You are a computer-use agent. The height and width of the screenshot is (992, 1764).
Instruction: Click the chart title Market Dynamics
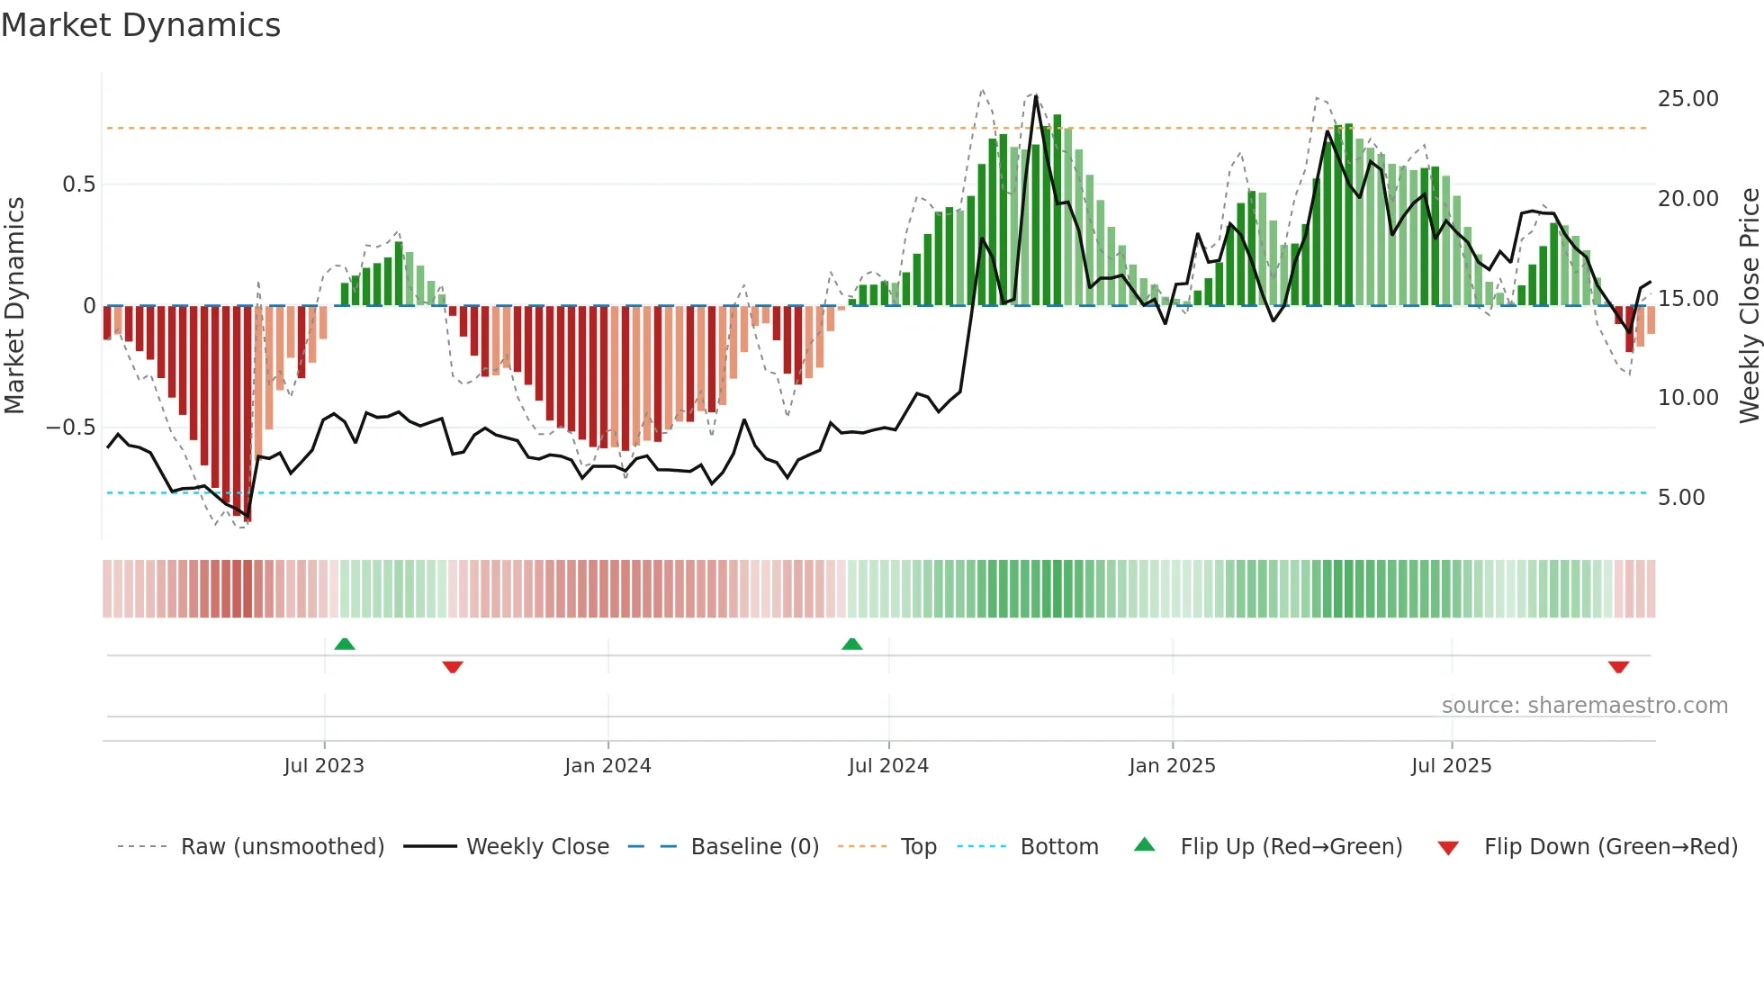point(140,25)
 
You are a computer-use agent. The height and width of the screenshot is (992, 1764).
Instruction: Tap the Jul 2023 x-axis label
point(324,766)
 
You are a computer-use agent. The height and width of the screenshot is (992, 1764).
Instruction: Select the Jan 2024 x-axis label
point(607,766)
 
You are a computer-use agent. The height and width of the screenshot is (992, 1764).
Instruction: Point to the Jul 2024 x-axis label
point(888,766)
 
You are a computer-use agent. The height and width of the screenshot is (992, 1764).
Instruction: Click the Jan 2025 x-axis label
point(1172,766)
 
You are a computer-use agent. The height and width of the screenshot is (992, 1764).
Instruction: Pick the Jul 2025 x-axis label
point(1452,766)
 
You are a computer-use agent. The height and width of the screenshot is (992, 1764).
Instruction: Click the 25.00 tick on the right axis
point(1687,99)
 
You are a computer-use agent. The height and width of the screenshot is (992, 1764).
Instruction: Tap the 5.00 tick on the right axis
point(1681,498)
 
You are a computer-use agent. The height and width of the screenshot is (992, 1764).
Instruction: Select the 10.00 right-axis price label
point(1687,398)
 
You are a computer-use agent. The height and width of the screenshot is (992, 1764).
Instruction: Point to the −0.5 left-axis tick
point(70,428)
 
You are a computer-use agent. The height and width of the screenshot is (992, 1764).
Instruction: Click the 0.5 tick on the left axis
point(78,185)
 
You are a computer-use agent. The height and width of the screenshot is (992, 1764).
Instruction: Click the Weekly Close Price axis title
point(1749,306)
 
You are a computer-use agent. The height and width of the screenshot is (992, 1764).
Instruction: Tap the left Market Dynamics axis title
point(14,306)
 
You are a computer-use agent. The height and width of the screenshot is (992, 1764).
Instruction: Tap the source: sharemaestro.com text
point(1584,706)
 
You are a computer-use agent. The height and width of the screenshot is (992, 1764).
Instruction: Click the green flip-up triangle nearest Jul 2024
point(851,644)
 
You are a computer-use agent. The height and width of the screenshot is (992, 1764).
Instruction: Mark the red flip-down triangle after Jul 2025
point(1618,667)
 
